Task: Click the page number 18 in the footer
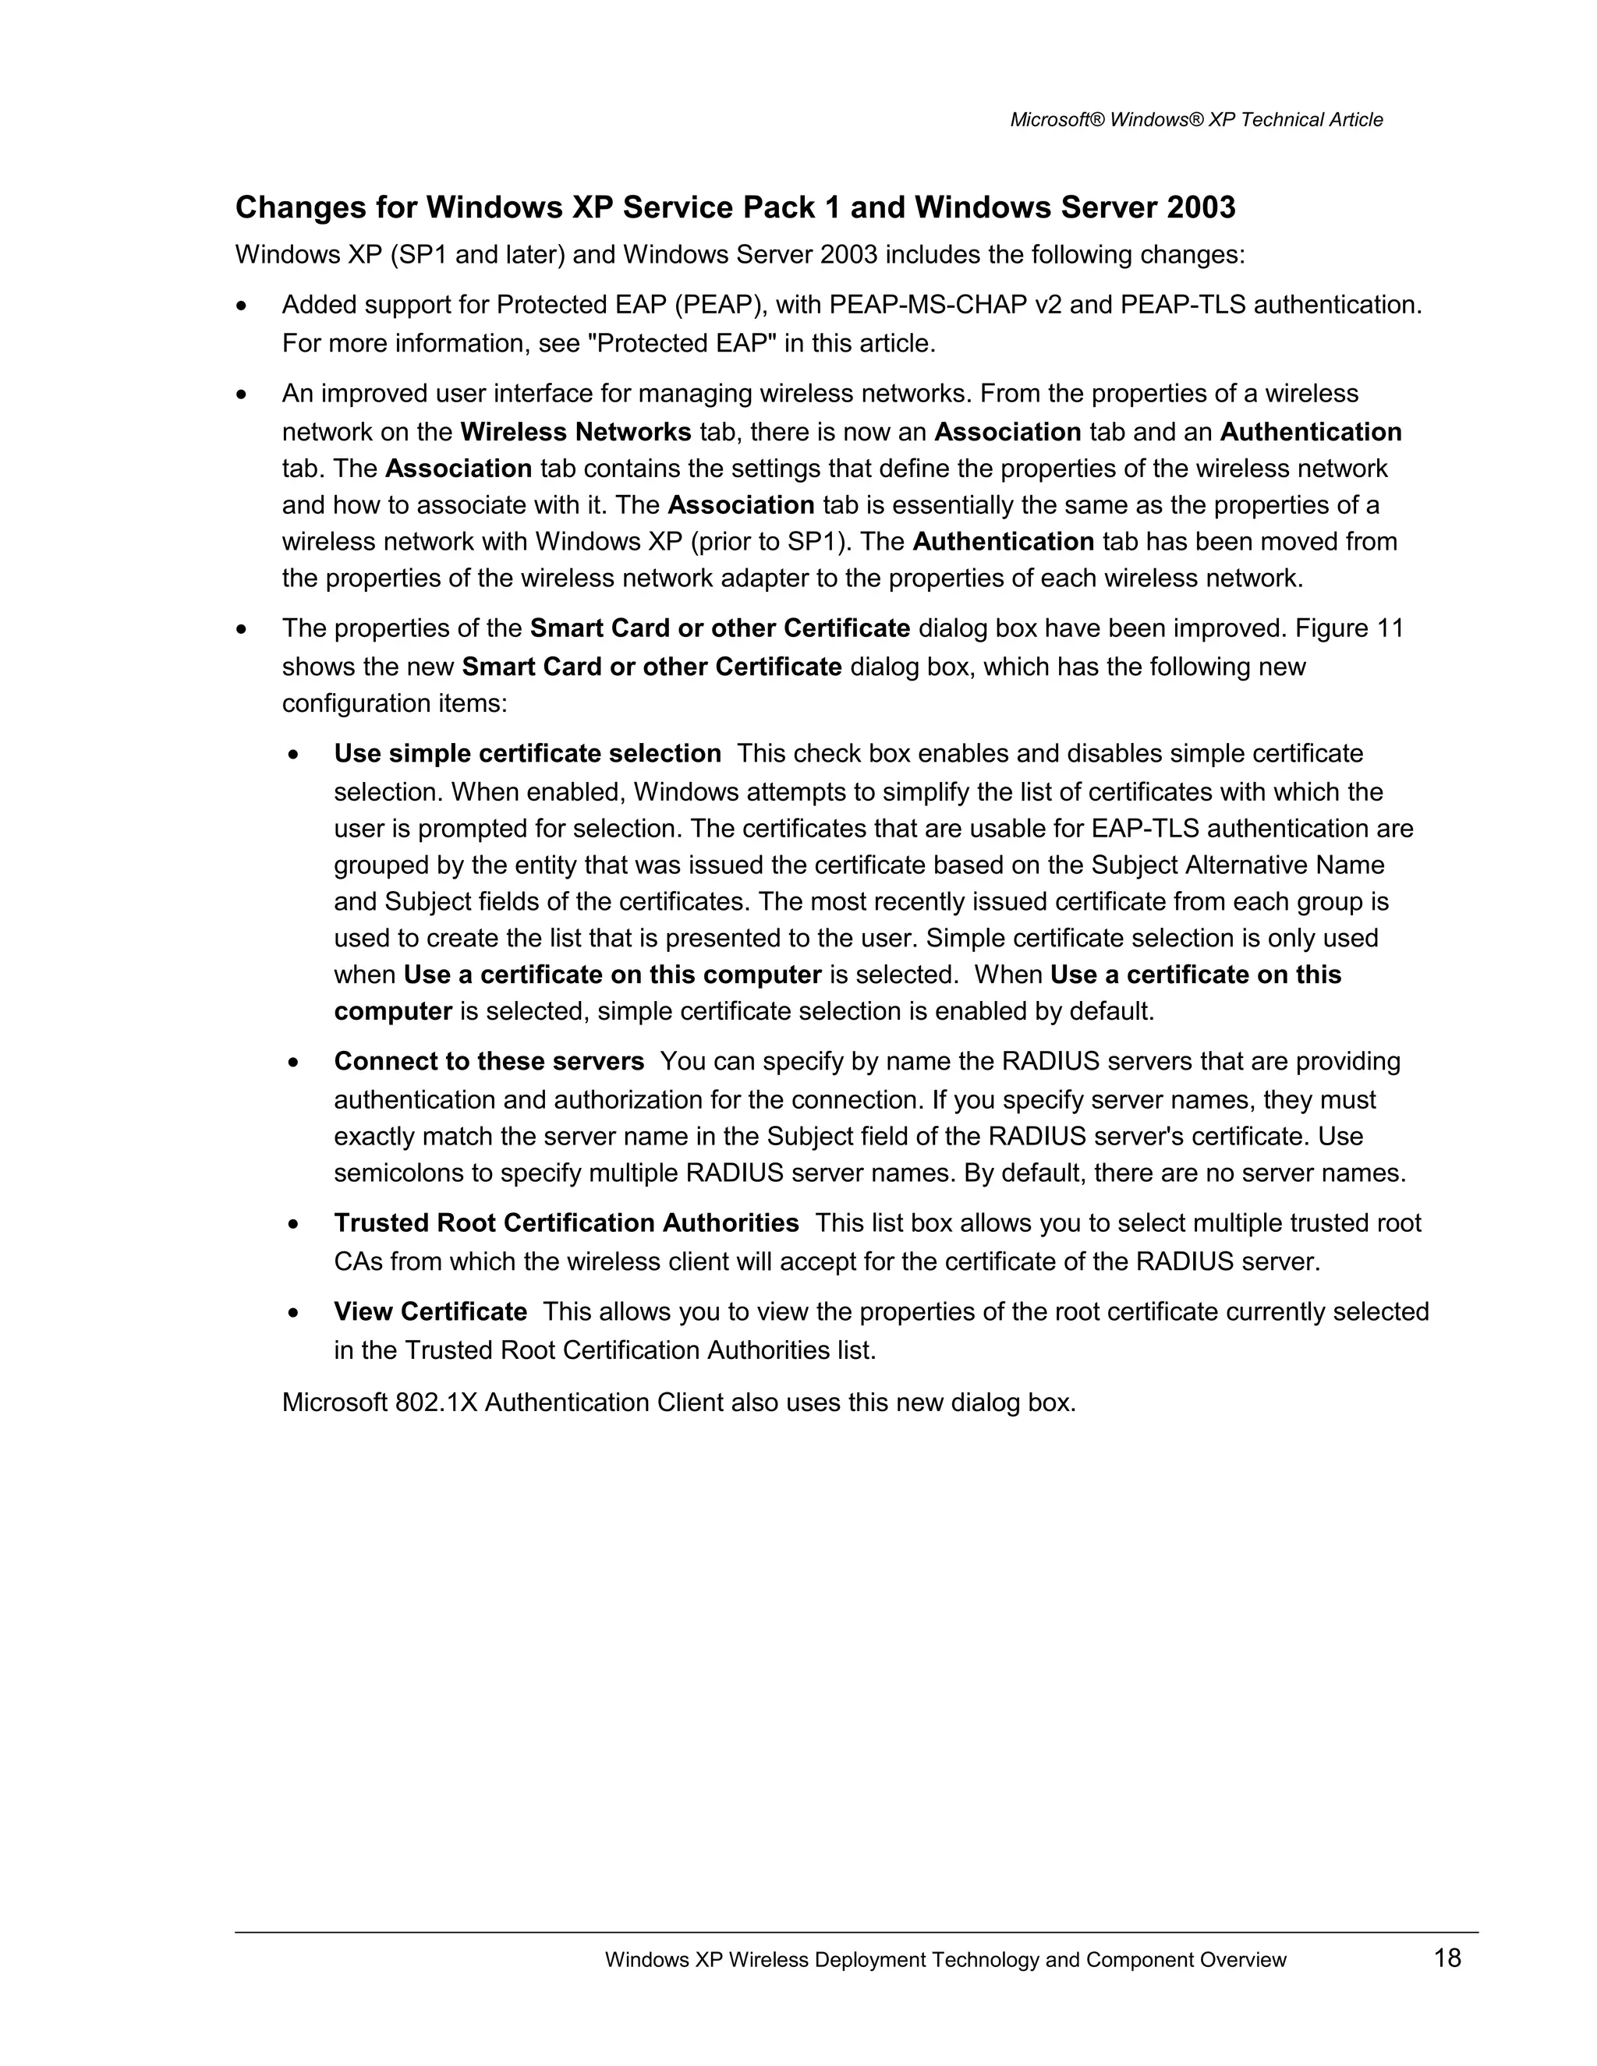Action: [x=1447, y=1957]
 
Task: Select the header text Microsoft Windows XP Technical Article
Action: [x=1196, y=120]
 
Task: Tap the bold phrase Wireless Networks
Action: [x=575, y=433]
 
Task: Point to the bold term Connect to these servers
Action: [x=488, y=1061]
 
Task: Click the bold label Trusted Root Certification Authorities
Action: [x=566, y=1223]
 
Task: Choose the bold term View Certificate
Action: [x=430, y=1312]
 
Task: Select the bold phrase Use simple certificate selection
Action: [x=527, y=754]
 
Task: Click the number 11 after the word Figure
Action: [x=1389, y=629]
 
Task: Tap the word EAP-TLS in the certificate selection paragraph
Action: [x=1145, y=829]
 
